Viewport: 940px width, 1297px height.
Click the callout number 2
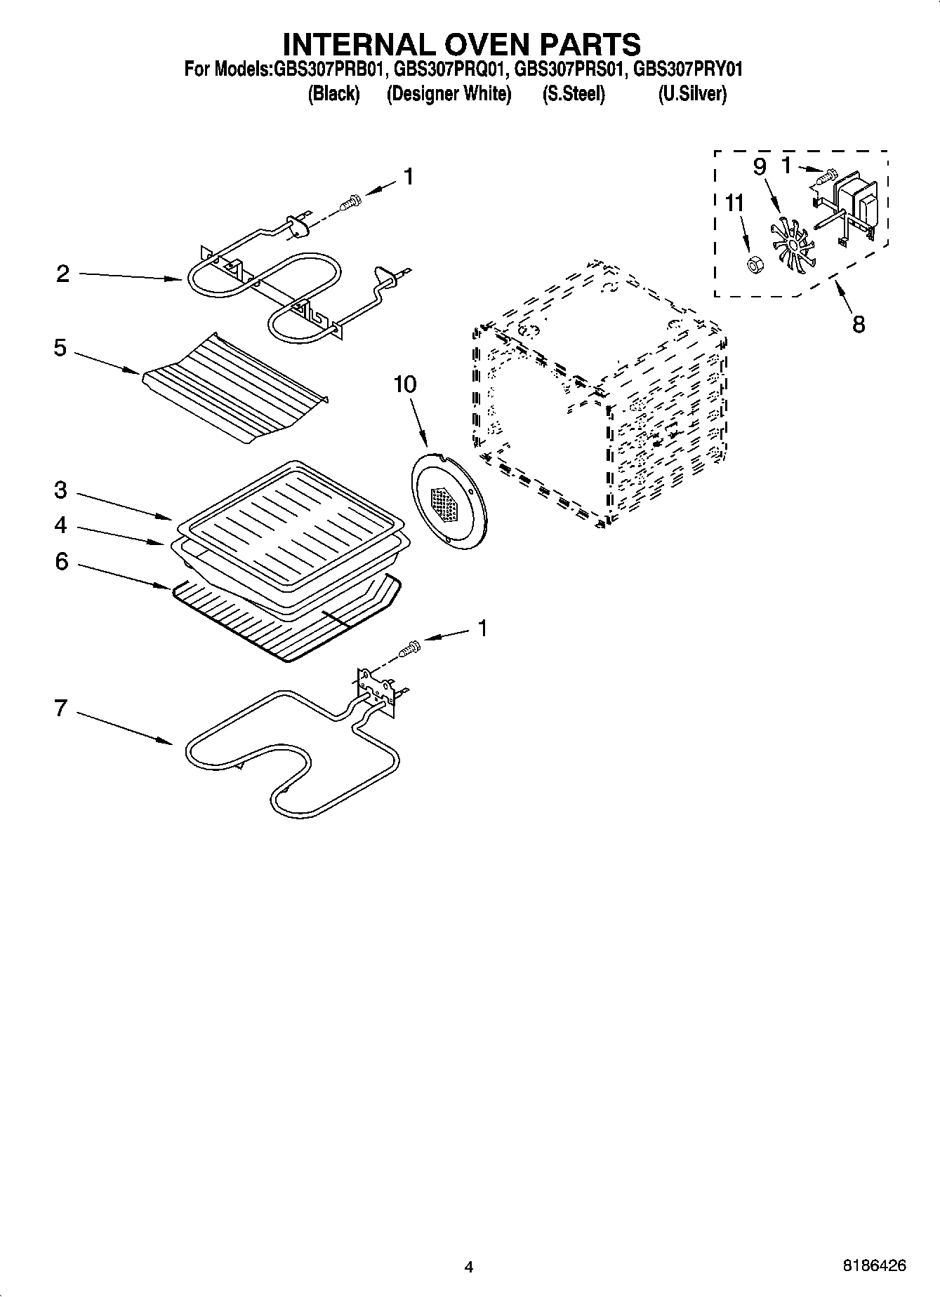click(x=62, y=274)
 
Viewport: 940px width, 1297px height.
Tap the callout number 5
click(x=60, y=347)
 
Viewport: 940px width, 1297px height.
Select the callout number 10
click(x=404, y=384)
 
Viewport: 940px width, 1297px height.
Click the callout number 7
click(x=61, y=708)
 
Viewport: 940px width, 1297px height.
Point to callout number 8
click(x=859, y=324)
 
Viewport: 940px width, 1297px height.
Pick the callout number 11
click(x=734, y=203)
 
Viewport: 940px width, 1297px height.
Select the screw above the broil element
click(x=349, y=203)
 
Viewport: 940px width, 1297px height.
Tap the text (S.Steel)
click(x=573, y=93)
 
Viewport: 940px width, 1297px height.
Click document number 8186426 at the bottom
click(x=874, y=1266)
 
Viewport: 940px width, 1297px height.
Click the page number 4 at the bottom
click(x=469, y=1267)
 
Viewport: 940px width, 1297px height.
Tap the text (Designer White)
click(x=449, y=93)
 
